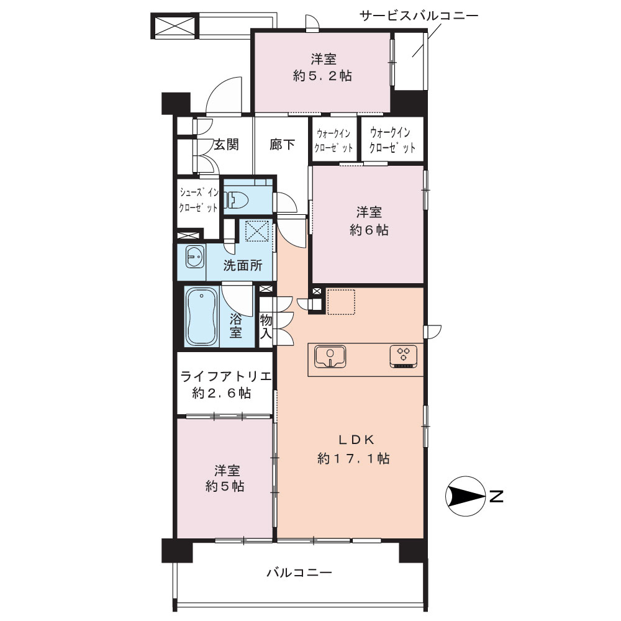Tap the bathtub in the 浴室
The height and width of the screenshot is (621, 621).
click(202, 317)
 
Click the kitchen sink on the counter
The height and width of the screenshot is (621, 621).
click(330, 356)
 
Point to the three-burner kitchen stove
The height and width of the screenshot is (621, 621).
click(403, 356)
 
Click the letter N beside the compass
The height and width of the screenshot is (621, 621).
click(496, 496)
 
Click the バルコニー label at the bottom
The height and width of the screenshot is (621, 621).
click(299, 573)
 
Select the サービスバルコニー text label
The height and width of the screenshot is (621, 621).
click(419, 16)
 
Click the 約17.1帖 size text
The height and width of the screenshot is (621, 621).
click(353, 459)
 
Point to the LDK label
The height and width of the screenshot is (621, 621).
click(356, 439)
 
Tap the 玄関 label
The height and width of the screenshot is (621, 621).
click(227, 145)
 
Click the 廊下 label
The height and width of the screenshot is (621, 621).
click(282, 145)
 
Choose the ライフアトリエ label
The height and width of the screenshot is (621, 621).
click(226, 376)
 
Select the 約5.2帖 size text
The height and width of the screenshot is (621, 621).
click(322, 76)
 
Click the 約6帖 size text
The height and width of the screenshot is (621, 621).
click(369, 230)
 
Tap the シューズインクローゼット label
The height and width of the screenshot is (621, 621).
click(199, 200)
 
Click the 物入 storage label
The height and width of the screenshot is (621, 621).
click(266, 327)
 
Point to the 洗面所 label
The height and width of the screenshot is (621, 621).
click(243, 265)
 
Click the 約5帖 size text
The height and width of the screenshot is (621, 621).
click(225, 486)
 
